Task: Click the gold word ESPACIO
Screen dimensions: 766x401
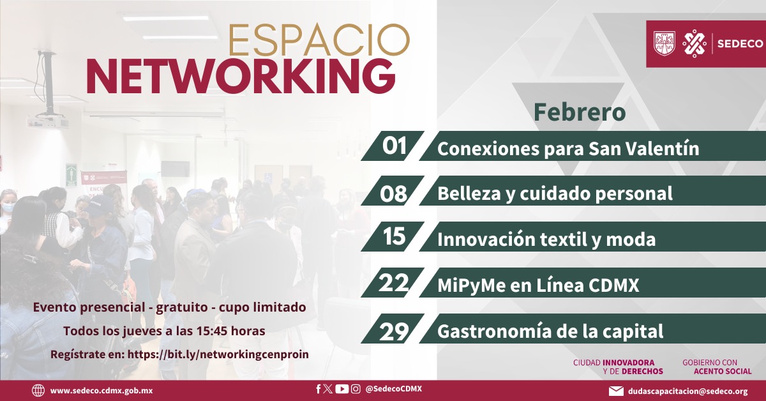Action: [x=319, y=40]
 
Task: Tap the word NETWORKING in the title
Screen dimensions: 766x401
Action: [x=241, y=77]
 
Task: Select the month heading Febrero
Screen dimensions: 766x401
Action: [x=580, y=112]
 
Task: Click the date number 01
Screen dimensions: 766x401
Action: [x=394, y=146]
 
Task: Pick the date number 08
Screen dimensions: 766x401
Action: [x=394, y=193]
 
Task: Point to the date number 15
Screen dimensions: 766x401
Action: [x=394, y=236]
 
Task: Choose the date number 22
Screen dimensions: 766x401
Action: [x=394, y=283]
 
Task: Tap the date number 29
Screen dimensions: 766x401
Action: [x=394, y=331]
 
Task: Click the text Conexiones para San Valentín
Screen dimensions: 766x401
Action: [x=568, y=149]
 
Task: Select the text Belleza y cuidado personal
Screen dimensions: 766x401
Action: [x=555, y=193]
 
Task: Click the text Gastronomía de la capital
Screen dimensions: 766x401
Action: [x=550, y=331]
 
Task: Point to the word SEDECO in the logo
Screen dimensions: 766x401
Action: [x=740, y=44]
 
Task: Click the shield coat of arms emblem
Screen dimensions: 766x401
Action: [x=664, y=43]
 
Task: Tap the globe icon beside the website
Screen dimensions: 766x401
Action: [x=38, y=390]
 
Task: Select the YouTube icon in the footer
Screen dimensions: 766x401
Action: [x=342, y=389]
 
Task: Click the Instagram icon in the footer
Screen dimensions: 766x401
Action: [x=356, y=389]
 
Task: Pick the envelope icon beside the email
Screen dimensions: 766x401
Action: [x=616, y=391]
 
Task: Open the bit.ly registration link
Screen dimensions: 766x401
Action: [x=218, y=354]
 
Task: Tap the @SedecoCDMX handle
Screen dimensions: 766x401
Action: [x=394, y=389]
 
